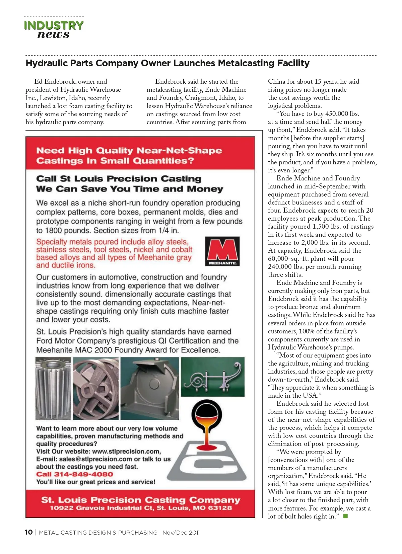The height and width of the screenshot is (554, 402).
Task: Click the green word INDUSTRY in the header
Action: click(x=54, y=25)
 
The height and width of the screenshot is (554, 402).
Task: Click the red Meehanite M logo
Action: click(x=222, y=251)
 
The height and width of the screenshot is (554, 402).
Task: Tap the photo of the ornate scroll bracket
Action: click(x=213, y=377)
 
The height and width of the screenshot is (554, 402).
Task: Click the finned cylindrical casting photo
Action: click(x=53, y=388)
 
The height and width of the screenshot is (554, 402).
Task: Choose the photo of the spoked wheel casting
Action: click(x=96, y=388)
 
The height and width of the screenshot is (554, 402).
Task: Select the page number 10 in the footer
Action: click(x=29, y=532)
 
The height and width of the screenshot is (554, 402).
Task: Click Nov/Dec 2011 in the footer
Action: click(x=181, y=533)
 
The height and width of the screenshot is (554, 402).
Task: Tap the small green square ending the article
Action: click(x=345, y=516)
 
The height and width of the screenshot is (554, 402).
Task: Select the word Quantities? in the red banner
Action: click(x=163, y=161)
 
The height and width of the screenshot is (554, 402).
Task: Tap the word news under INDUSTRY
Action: click(x=54, y=34)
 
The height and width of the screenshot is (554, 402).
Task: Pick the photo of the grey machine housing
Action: click(x=149, y=388)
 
